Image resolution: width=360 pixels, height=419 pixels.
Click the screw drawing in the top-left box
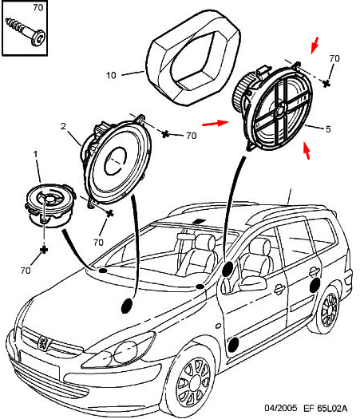click(26, 32)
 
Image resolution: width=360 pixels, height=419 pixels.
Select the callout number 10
click(111, 75)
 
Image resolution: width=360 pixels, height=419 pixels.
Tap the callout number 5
click(328, 129)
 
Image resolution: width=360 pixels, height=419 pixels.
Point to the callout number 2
click(63, 126)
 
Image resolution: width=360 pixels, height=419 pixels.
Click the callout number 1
click(36, 154)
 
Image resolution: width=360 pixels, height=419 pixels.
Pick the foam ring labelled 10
click(193, 57)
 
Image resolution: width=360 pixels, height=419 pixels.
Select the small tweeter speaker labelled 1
click(49, 205)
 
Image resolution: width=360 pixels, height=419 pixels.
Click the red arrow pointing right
click(216, 123)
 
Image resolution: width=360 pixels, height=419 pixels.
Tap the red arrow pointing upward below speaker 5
click(307, 151)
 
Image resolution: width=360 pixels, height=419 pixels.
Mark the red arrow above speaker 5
click(315, 45)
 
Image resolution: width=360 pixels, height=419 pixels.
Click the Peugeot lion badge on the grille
click(43, 343)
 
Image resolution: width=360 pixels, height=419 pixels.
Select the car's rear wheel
click(328, 310)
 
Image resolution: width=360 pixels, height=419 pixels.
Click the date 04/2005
click(281, 408)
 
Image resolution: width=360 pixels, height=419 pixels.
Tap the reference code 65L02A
click(332, 409)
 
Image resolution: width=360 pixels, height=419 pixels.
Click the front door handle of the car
click(280, 289)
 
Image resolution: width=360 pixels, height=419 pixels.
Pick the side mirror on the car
click(252, 283)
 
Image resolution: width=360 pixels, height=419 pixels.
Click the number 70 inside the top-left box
click(38, 8)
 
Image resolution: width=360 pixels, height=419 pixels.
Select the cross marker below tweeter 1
click(44, 250)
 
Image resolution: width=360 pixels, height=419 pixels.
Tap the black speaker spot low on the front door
click(234, 344)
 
